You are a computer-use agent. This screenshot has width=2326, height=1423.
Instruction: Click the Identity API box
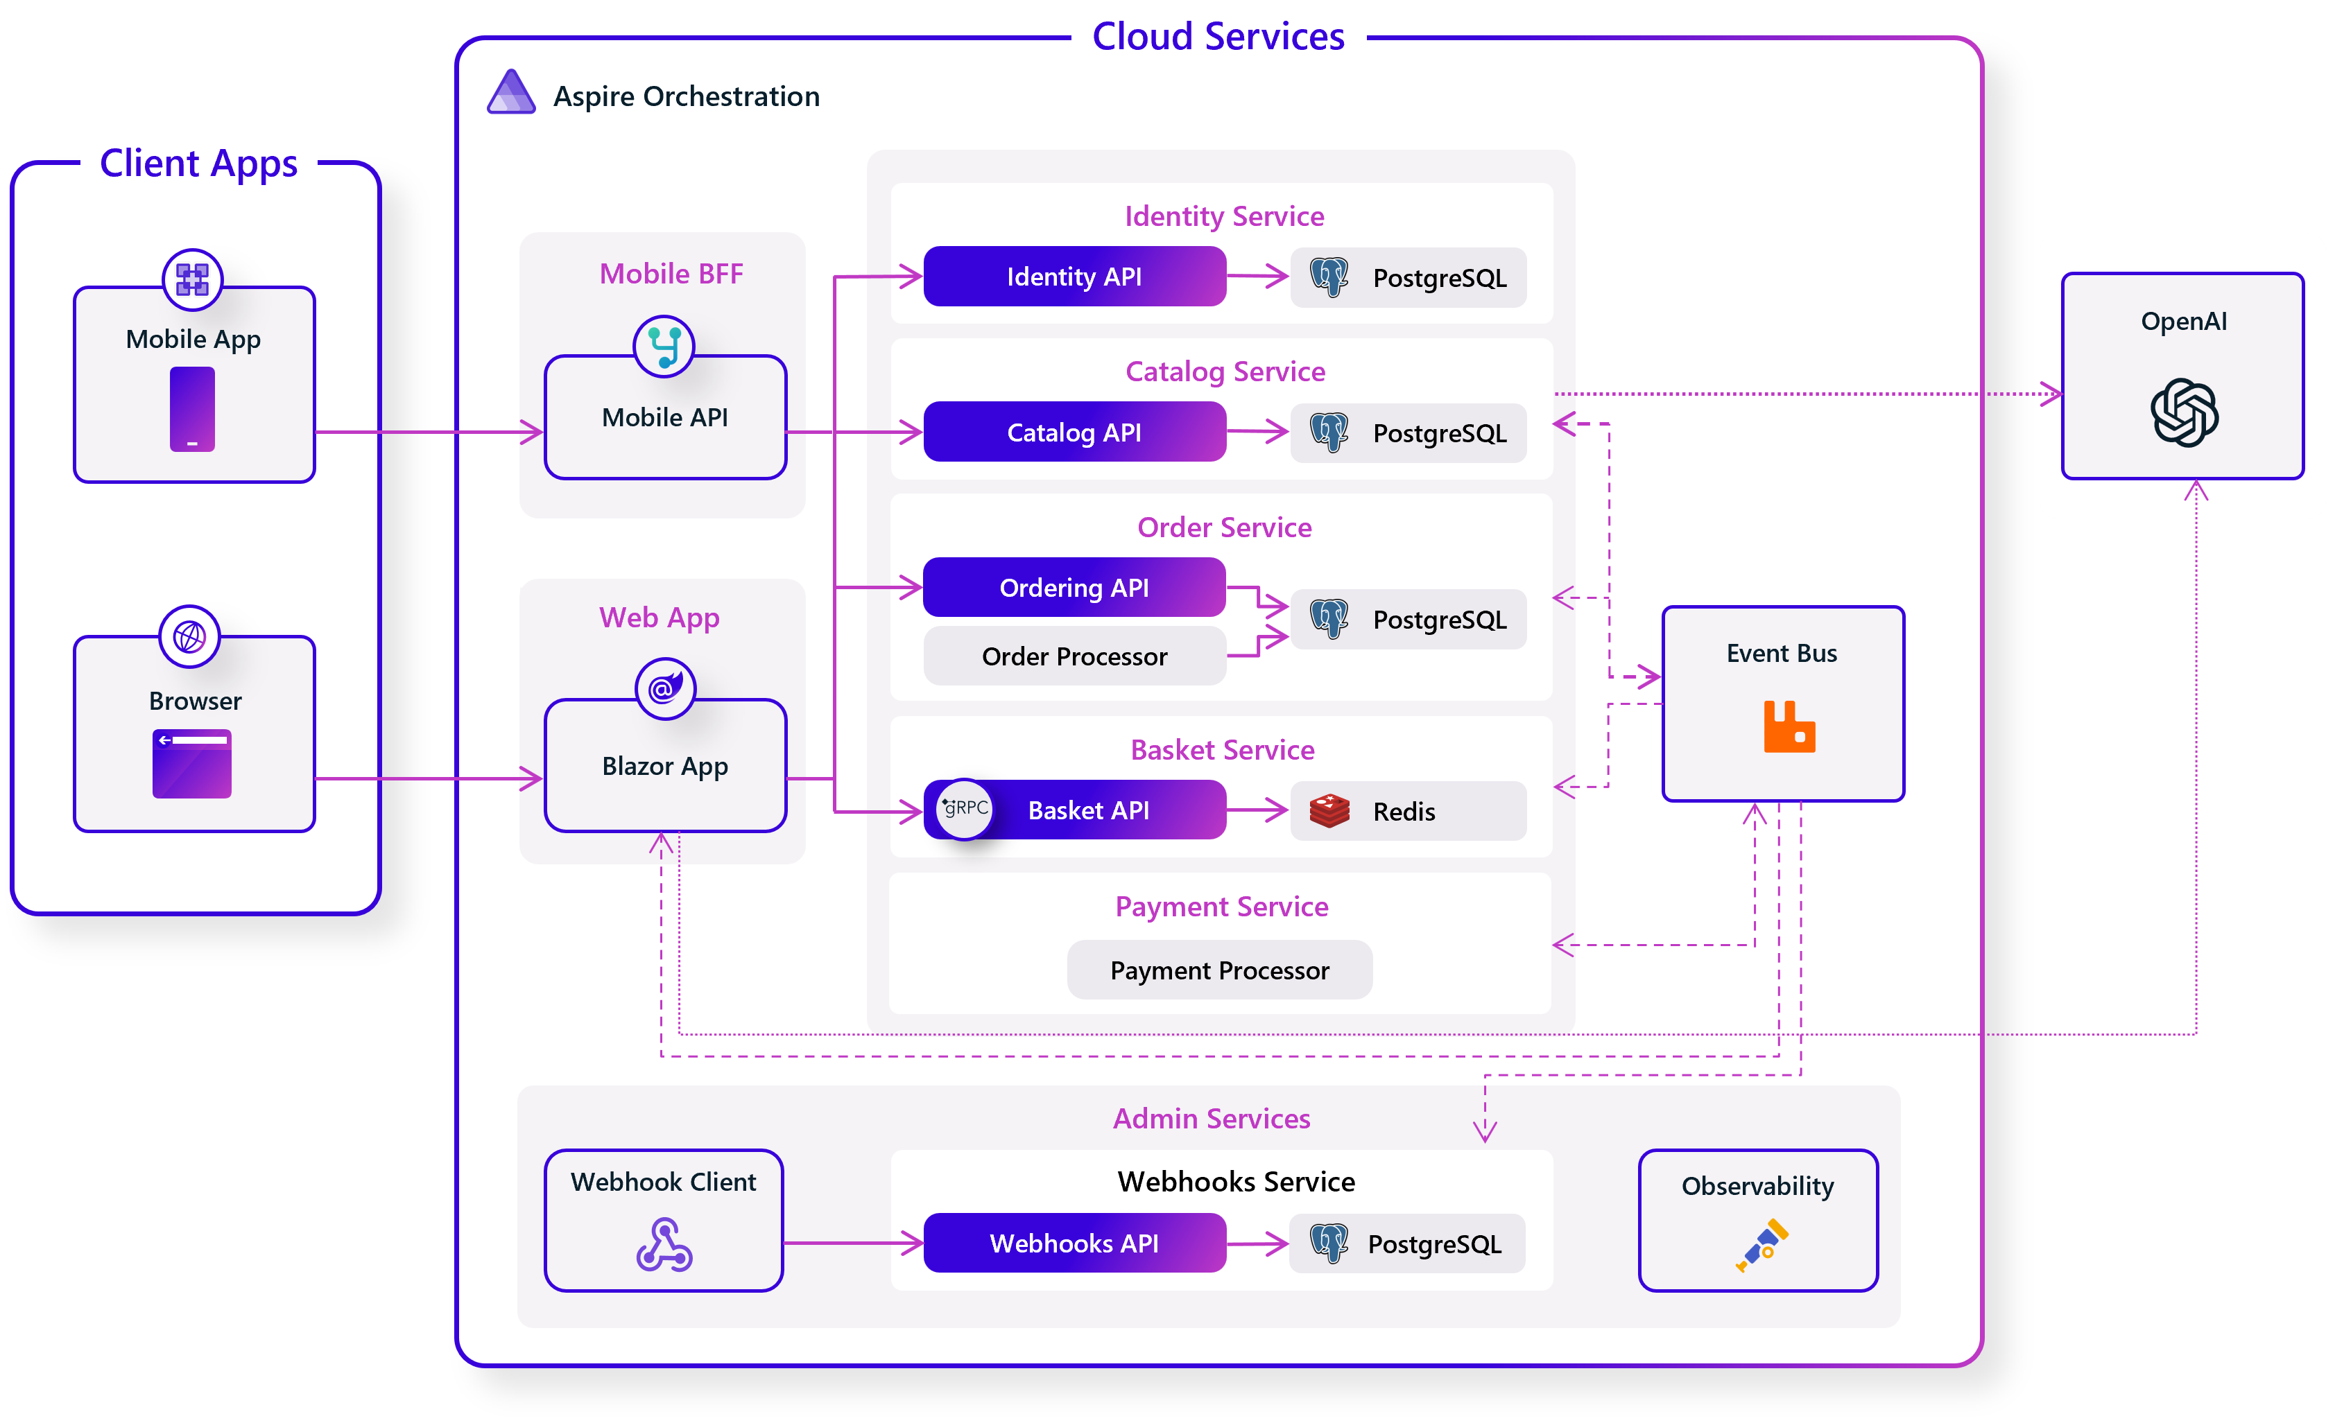tap(1074, 277)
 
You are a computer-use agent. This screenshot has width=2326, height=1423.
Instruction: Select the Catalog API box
tap(1074, 433)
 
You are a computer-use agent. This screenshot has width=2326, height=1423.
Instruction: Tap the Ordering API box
tap(1074, 588)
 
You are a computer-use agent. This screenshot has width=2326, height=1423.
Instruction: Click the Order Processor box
tap(1074, 656)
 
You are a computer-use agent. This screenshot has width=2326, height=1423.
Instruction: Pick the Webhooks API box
tap(1074, 1243)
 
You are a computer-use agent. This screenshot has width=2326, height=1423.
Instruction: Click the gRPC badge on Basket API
tap(965, 809)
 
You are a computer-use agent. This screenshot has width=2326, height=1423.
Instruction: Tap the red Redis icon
tap(1329, 810)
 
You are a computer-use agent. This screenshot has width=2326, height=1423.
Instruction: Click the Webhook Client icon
tap(664, 1245)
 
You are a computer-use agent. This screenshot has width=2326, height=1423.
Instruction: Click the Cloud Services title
tap(1218, 36)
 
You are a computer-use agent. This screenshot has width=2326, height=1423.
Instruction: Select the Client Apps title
tap(198, 162)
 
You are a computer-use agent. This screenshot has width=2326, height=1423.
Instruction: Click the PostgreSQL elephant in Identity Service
tap(1329, 277)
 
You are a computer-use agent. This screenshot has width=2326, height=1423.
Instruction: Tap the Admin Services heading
tap(1211, 1118)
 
